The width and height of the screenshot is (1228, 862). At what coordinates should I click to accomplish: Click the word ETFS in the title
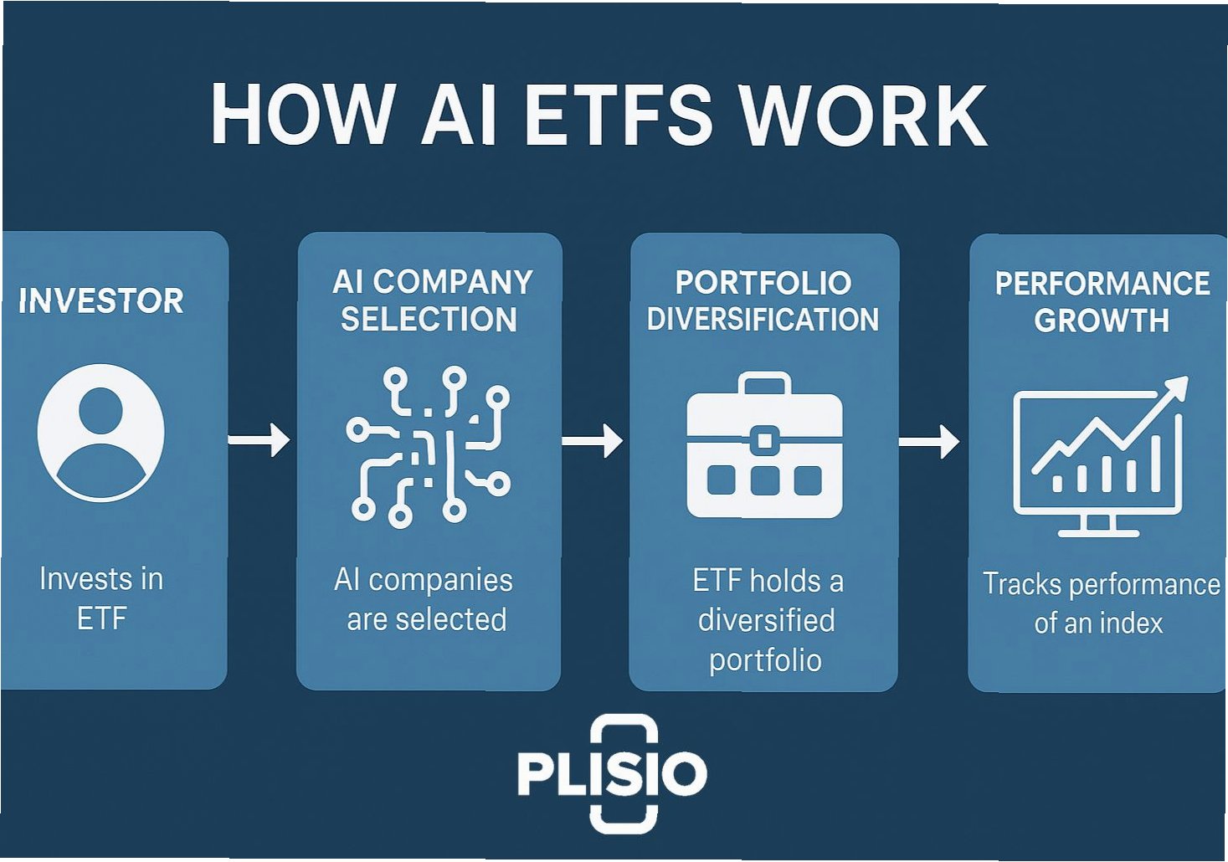click(x=617, y=115)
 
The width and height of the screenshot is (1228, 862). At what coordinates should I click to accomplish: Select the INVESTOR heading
click(x=101, y=301)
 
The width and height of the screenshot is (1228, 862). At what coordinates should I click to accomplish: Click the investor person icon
click(x=101, y=432)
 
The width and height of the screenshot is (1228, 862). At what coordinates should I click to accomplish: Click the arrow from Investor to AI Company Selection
click(x=259, y=439)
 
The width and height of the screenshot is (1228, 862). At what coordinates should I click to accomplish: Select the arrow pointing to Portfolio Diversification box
click(x=593, y=440)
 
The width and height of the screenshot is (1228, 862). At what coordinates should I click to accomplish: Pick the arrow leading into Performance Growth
click(x=929, y=441)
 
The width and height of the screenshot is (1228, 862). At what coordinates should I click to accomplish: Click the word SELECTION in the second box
click(x=429, y=320)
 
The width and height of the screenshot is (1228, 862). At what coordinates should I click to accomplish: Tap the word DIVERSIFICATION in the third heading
click(x=763, y=320)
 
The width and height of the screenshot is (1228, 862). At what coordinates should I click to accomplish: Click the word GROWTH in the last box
click(x=1102, y=321)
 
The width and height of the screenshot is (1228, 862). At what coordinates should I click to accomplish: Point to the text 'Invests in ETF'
click(x=101, y=598)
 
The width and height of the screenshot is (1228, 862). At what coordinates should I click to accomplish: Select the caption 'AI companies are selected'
click(x=425, y=599)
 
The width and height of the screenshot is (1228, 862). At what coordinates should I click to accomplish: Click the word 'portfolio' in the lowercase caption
click(x=765, y=660)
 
